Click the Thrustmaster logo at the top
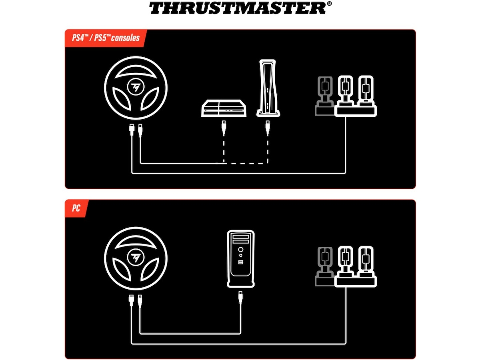click(x=238, y=8)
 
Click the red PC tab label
click(x=76, y=208)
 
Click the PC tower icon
click(x=240, y=258)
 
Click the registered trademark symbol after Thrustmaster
click(x=329, y=4)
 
